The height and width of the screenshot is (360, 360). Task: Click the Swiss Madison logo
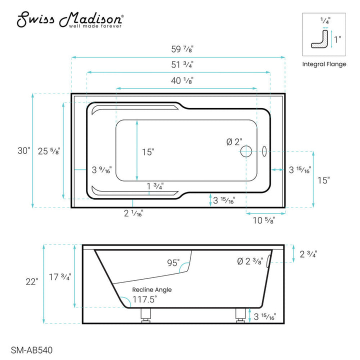point(70,19)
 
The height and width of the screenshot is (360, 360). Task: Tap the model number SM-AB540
point(31,350)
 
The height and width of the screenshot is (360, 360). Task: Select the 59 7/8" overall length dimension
point(182,49)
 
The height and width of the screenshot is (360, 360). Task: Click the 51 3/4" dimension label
point(182,64)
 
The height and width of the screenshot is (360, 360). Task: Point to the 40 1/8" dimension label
point(182,80)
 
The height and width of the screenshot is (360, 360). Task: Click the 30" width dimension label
point(24,151)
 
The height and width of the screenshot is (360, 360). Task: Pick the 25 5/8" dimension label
point(49,151)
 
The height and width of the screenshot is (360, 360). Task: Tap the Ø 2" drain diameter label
point(234,142)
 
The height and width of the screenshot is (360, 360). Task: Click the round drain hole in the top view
point(246,151)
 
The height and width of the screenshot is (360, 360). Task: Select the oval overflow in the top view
point(264,151)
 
